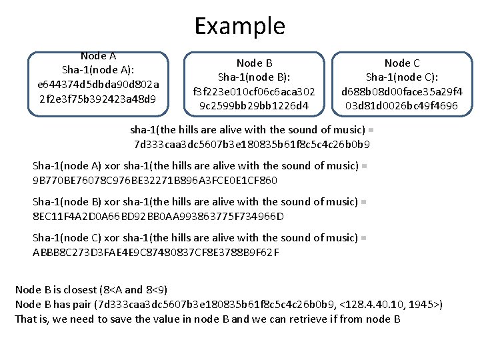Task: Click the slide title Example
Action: (x=239, y=26)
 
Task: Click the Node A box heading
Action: (x=98, y=57)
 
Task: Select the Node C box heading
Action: (x=402, y=63)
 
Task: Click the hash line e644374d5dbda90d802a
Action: (x=98, y=85)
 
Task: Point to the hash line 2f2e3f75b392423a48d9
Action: (x=98, y=99)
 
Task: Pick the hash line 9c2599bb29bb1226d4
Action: (x=254, y=105)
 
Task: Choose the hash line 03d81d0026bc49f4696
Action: (x=401, y=105)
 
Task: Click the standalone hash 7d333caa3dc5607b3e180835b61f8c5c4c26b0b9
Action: (x=252, y=145)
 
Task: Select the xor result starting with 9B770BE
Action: (x=155, y=180)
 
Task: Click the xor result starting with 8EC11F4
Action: (x=158, y=216)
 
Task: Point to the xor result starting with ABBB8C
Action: (x=156, y=252)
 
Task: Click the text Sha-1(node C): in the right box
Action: (x=402, y=77)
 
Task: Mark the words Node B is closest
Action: (x=55, y=290)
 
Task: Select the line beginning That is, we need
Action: (x=207, y=319)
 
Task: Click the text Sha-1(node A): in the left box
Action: (x=98, y=70)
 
